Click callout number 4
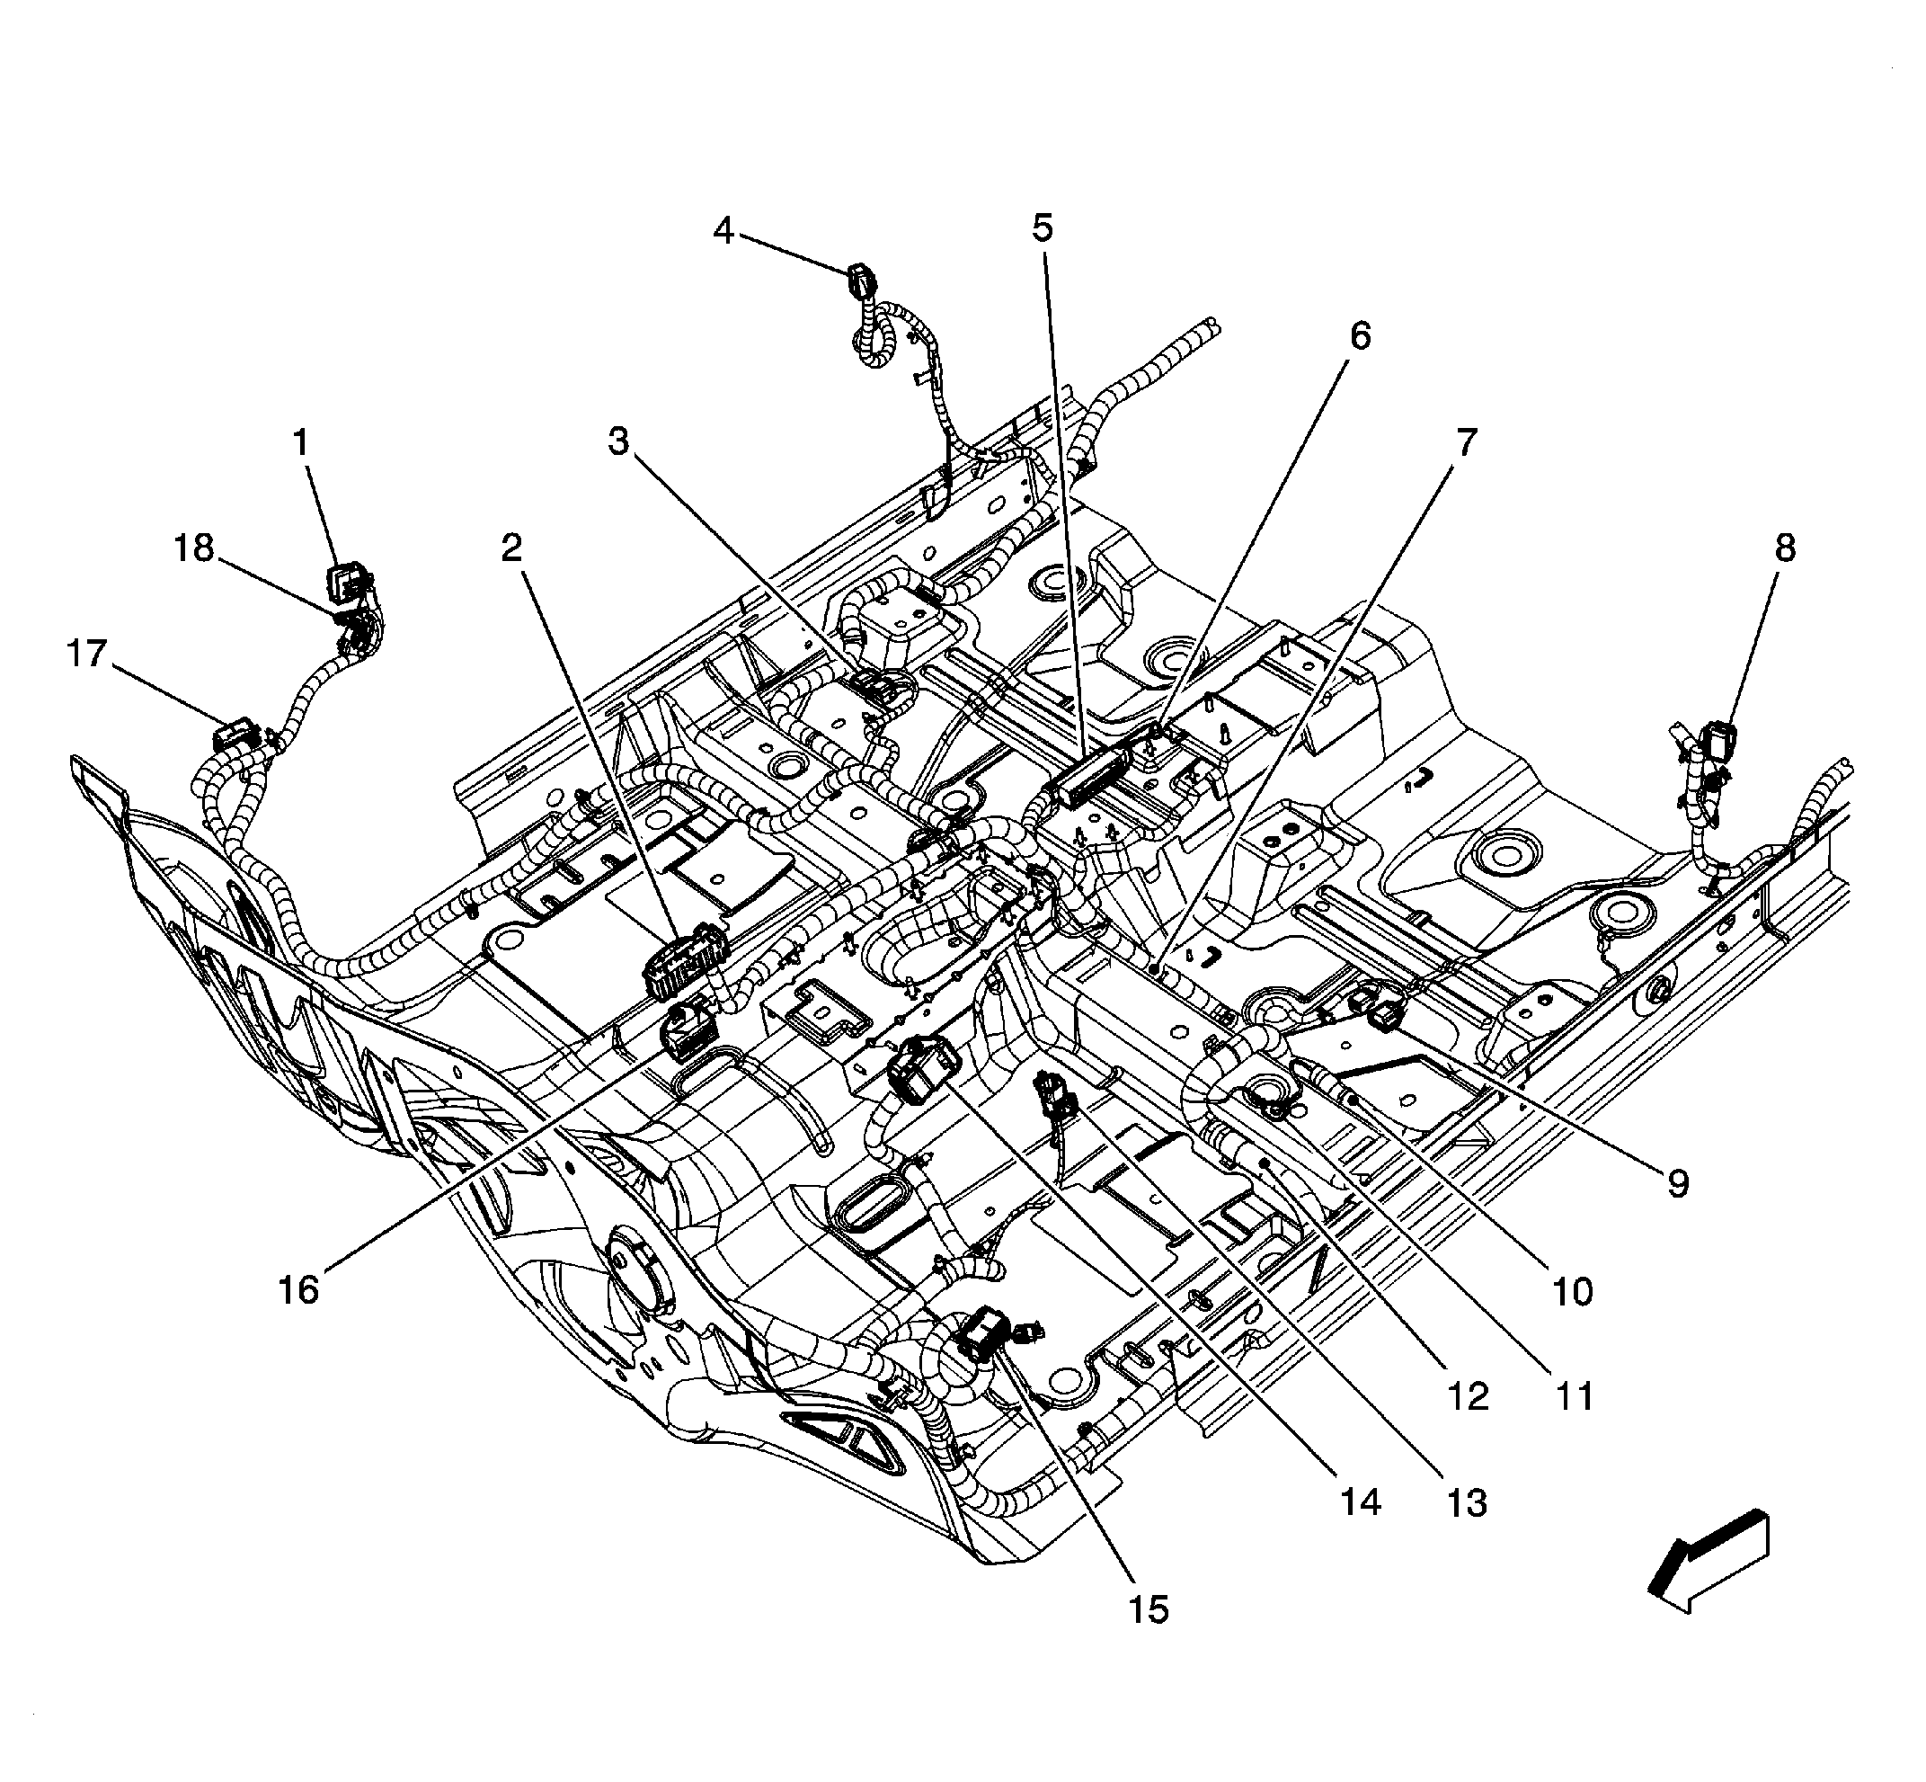tap(723, 231)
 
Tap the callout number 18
tap(193, 548)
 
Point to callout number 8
tap(1784, 548)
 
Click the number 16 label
tap(298, 1290)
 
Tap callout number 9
tap(1678, 1184)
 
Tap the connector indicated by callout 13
tap(1052, 1094)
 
